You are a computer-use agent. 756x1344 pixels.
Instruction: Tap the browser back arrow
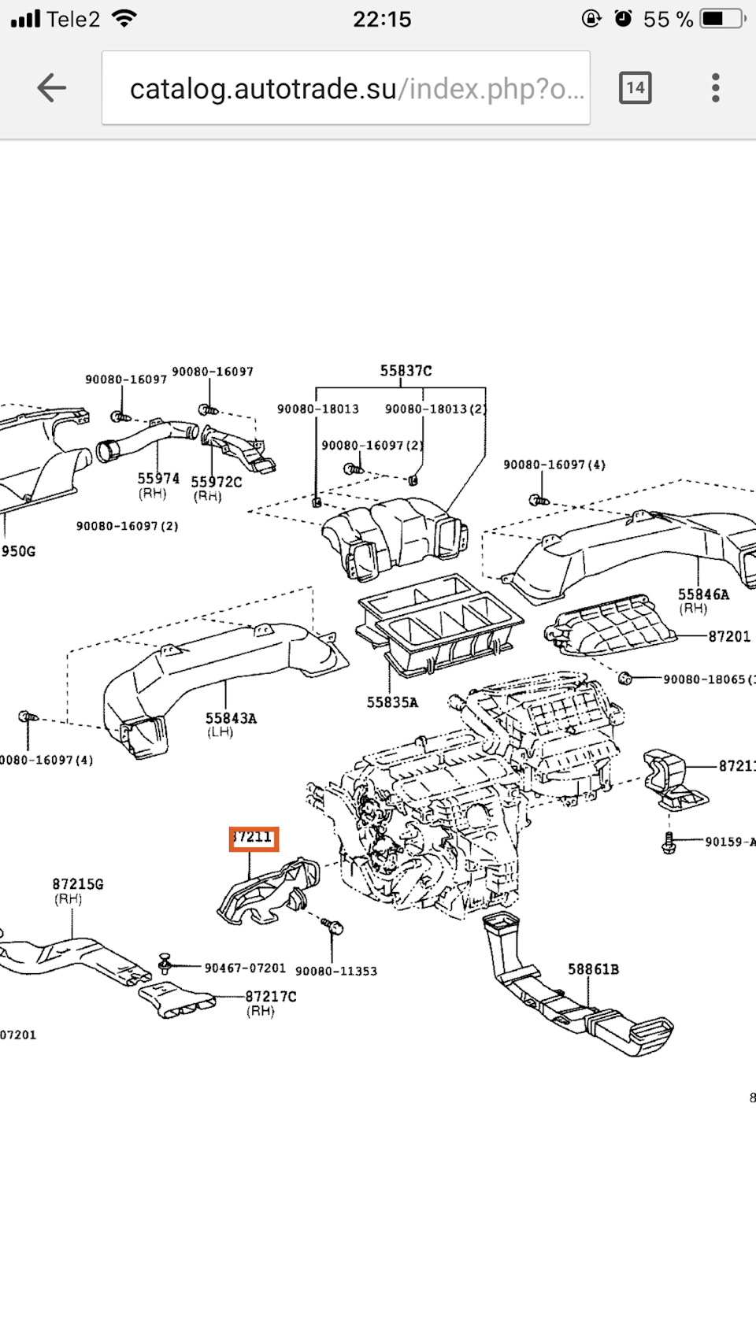coord(51,87)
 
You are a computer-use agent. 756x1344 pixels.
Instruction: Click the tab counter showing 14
coord(635,87)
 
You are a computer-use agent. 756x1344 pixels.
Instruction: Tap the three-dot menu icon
coord(715,87)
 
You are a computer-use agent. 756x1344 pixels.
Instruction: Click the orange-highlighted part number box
coord(254,839)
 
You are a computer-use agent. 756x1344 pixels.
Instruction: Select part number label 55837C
coord(406,371)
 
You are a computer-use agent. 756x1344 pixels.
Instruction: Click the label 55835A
coord(392,702)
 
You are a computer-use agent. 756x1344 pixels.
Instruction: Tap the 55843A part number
coord(231,718)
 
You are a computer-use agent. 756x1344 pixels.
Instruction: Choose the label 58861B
coord(593,969)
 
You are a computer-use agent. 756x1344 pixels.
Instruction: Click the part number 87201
coord(729,636)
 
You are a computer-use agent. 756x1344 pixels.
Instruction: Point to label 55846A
coord(703,594)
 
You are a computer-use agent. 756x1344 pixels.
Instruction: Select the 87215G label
coord(78,884)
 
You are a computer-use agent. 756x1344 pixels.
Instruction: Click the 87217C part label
coord(271,996)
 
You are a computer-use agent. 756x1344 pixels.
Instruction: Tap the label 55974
coord(158,479)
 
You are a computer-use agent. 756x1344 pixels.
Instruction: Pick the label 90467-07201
coord(245,968)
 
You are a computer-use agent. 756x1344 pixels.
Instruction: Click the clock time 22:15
coord(382,19)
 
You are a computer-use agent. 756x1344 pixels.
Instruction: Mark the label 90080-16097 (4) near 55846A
coord(554,465)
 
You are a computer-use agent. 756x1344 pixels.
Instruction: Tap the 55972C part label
coord(216,482)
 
